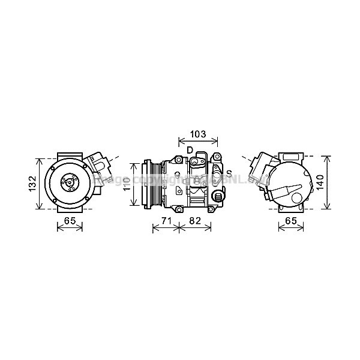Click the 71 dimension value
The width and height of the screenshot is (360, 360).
point(167,221)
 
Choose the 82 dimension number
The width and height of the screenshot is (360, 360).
point(194,221)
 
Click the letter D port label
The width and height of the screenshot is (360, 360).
point(189,149)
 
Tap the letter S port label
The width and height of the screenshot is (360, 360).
point(229,174)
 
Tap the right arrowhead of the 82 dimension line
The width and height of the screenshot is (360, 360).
point(210,227)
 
